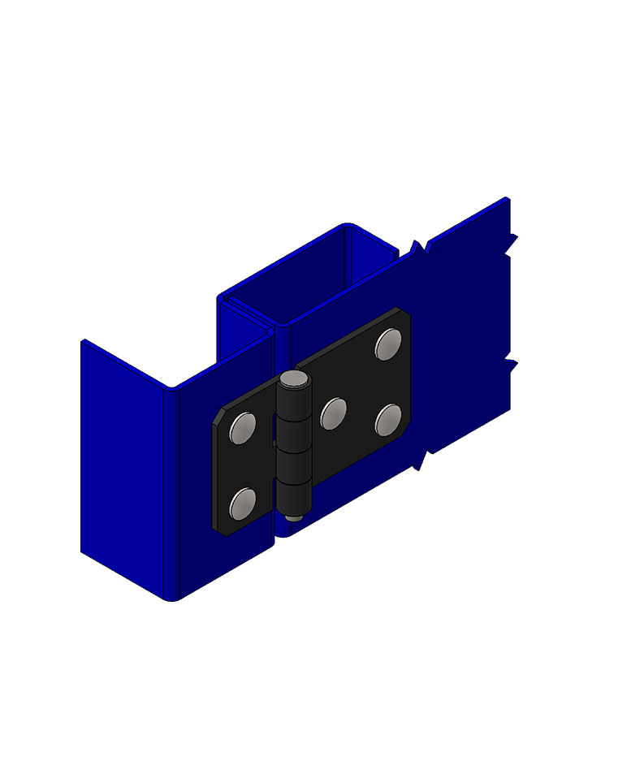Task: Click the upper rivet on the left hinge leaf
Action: point(243,427)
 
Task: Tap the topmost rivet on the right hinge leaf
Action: point(388,344)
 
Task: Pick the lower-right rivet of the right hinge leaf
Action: point(389,419)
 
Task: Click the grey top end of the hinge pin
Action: point(294,378)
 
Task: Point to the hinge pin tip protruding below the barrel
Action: point(293,514)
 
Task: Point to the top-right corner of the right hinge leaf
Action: point(405,312)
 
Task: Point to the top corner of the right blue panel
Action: point(506,200)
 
